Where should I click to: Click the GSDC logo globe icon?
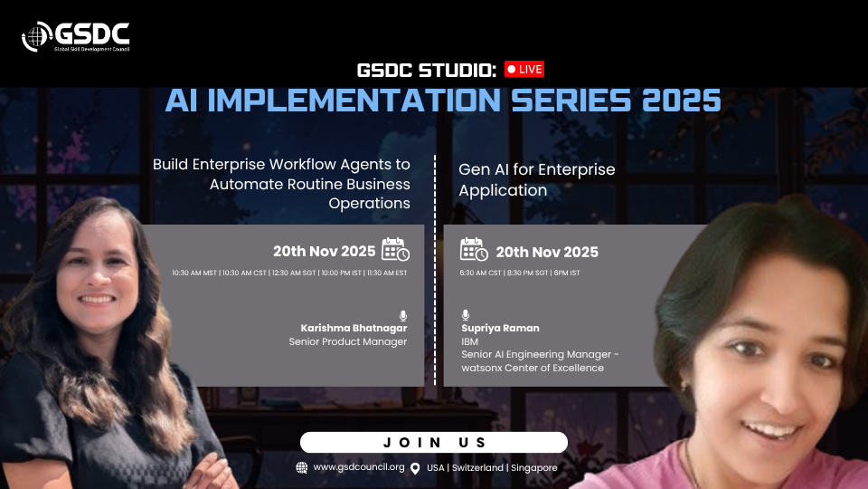tap(36, 36)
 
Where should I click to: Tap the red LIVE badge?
tap(524, 70)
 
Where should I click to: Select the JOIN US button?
tap(434, 443)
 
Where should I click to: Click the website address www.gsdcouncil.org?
tap(359, 467)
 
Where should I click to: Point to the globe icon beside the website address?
tap(302, 467)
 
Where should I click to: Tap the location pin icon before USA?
tap(415, 468)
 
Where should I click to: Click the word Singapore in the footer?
tap(533, 468)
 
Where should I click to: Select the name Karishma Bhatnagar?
tap(354, 328)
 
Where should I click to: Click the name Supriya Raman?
tap(500, 328)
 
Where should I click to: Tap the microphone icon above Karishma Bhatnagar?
tap(403, 315)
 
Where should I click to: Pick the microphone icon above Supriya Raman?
tap(466, 315)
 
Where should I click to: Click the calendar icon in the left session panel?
tap(395, 249)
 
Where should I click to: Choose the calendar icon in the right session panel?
tap(474, 249)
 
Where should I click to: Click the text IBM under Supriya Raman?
tap(469, 341)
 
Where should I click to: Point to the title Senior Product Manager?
tap(347, 341)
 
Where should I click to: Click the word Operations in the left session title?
tap(369, 204)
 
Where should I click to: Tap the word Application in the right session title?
tap(503, 190)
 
